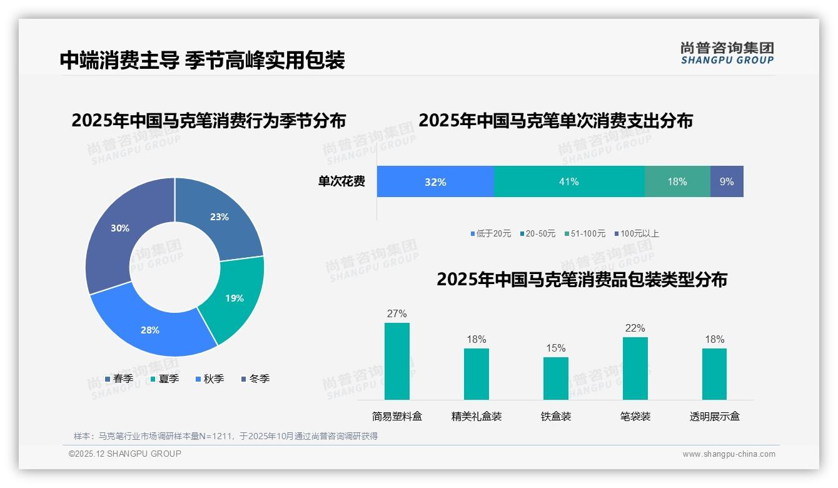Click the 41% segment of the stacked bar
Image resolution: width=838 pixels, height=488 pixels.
pos(569,181)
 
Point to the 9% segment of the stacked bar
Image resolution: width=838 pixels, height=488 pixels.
pos(727,181)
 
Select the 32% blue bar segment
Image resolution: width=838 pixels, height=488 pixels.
pos(435,181)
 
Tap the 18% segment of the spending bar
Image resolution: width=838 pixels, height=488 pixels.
pos(677,181)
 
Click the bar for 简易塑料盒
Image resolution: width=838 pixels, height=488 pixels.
pos(397,361)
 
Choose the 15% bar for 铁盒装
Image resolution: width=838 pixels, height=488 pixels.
pos(556,378)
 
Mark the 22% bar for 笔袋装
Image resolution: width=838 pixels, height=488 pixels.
pos(635,368)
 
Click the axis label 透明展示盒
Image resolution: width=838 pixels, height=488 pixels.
pos(715,416)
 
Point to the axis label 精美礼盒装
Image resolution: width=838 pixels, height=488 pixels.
pos(477,416)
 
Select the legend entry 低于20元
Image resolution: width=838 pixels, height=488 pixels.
pos(491,233)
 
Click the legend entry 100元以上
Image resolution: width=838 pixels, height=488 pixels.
pos(637,233)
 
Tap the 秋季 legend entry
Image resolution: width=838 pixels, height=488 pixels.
pos(210,379)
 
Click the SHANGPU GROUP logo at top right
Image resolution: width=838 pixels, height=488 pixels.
pos(727,53)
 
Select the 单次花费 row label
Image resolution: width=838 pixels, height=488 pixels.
pos(341,181)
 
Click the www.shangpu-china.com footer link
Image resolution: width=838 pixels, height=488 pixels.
pos(729,454)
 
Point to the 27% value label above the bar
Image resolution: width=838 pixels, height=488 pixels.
pos(397,313)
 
